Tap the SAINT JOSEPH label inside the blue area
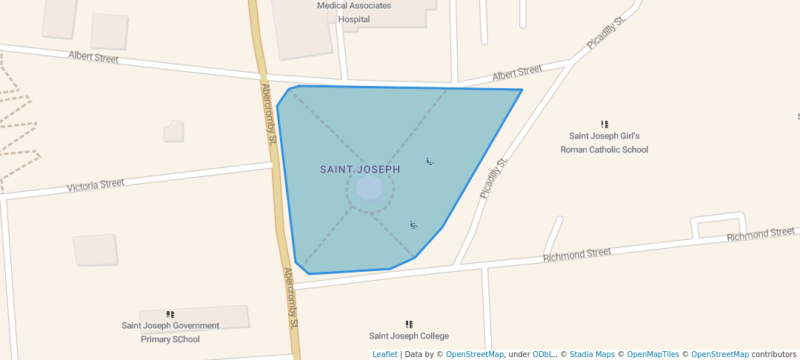(360, 170)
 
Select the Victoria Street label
(96, 184)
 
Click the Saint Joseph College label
(409, 336)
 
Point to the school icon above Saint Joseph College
(409, 324)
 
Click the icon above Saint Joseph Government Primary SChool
(170, 314)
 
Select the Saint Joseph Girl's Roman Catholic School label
(604, 143)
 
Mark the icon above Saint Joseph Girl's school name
(604, 124)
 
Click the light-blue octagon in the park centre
(369, 188)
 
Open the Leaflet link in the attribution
(384, 355)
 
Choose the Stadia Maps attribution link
(591, 355)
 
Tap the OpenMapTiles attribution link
(650, 355)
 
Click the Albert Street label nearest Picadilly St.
(517, 73)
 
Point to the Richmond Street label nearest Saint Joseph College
(577, 255)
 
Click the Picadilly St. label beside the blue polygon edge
(493, 179)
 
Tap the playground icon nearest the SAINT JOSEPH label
(430, 161)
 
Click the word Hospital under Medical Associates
(354, 19)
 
